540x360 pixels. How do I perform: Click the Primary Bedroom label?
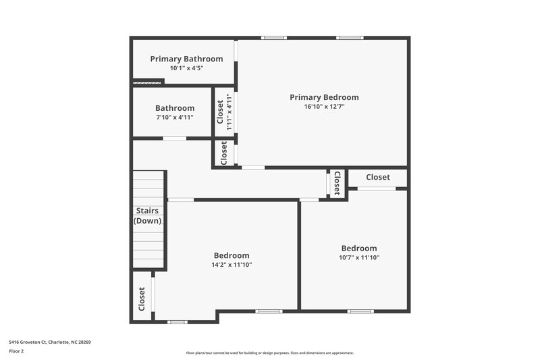click(324, 97)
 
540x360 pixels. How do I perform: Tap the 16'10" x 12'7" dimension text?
click(324, 107)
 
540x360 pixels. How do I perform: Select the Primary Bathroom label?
click(186, 59)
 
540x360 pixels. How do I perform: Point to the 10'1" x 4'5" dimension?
click(186, 68)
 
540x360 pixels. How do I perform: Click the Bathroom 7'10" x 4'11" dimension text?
click(175, 118)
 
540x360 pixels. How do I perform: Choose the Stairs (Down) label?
click(148, 216)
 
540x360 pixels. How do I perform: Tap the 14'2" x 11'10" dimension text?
click(232, 265)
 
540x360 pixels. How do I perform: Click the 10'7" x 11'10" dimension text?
click(358, 257)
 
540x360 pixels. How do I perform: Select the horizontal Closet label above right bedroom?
click(377, 177)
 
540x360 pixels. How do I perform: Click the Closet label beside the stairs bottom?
click(142, 297)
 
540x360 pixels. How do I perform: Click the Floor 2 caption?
click(16, 351)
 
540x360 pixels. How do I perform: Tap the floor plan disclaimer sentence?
click(269, 353)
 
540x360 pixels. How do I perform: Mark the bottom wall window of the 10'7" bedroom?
click(360, 311)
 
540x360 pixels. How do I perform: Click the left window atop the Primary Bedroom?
click(273, 38)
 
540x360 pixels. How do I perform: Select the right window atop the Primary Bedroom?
click(349, 38)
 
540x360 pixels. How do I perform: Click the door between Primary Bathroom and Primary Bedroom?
click(236, 60)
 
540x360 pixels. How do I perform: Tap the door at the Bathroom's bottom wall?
click(174, 138)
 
